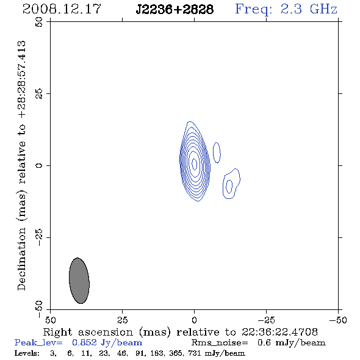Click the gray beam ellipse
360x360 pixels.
[x=79, y=281]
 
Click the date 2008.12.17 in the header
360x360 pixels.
[x=62, y=9]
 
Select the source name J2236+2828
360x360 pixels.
[x=175, y=9]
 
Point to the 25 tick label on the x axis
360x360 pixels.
[x=123, y=320]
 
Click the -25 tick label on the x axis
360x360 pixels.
[x=266, y=320]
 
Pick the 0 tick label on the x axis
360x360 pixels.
[x=195, y=320]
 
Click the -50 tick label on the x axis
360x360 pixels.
[x=338, y=320]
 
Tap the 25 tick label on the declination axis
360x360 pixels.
[x=39, y=94]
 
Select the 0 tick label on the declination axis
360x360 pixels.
[x=39, y=165]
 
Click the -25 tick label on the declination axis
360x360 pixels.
[x=39, y=237]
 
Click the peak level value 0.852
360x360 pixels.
[x=84, y=342]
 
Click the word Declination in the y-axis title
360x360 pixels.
[x=21, y=259]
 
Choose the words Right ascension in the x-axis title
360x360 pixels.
[x=88, y=332]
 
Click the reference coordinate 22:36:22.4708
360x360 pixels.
[x=279, y=332]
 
